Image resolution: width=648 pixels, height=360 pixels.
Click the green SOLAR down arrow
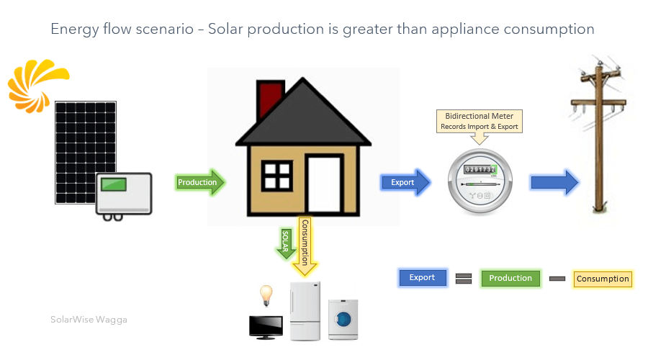[x=286, y=241]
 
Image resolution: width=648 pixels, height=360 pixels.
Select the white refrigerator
[x=304, y=311]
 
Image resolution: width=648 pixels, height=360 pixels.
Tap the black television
[x=264, y=326]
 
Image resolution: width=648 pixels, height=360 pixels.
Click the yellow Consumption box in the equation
[x=603, y=279]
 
